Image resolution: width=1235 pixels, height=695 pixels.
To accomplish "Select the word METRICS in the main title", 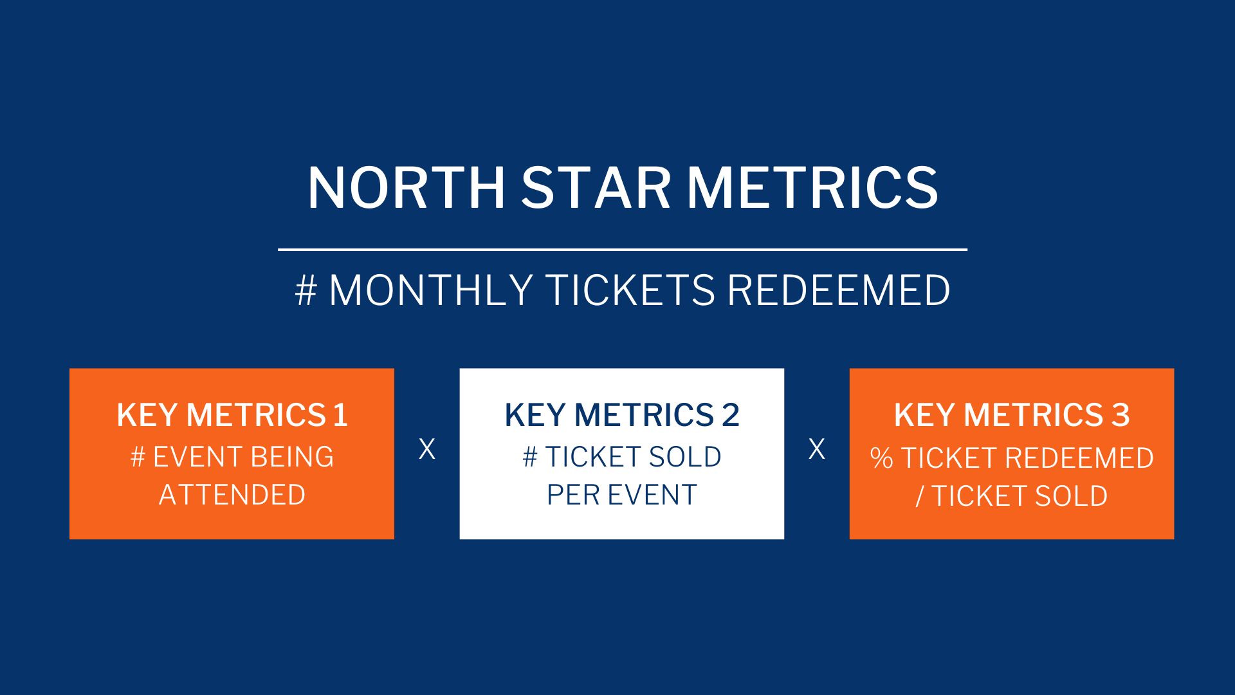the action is pyautogui.click(x=813, y=187).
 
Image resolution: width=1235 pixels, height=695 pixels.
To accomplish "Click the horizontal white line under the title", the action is pyautogui.click(x=623, y=249).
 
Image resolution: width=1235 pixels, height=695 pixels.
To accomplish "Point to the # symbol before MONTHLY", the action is pyautogui.click(x=306, y=290).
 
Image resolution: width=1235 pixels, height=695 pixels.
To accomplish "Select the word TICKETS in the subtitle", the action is pyautogui.click(x=630, y=290).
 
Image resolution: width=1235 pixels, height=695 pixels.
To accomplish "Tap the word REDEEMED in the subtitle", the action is pyautogui.click(x=839, y=290).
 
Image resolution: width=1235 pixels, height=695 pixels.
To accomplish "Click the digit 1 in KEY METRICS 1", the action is pyautogui.click(x=341, y=415).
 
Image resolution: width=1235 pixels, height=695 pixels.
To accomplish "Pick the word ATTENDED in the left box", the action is pyautogui.click(x=232, y=495).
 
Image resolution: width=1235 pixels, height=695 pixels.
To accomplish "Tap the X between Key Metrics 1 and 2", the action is pyautogui.click(x=427, y=449).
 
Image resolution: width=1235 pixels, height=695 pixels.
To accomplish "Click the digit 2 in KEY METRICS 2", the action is pyautogui.click(x=731, y=415).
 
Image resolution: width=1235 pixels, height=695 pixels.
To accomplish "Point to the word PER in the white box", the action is pyautogui.click(x=572, y=495).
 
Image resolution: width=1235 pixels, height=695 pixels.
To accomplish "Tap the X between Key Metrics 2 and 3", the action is pyautogui.click(x=817, y=449).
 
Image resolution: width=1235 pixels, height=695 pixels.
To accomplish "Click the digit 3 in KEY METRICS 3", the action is pyautogui.click(x=1121, y=415).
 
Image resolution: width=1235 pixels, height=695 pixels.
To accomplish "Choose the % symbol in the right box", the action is pyautogui.click(x=881, y=458).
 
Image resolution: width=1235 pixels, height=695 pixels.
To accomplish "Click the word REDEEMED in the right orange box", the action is pyautogui.click(x=1079, y=458).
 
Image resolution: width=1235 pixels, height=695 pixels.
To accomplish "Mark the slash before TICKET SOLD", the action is pyautogui.click(x=920, y=496).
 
